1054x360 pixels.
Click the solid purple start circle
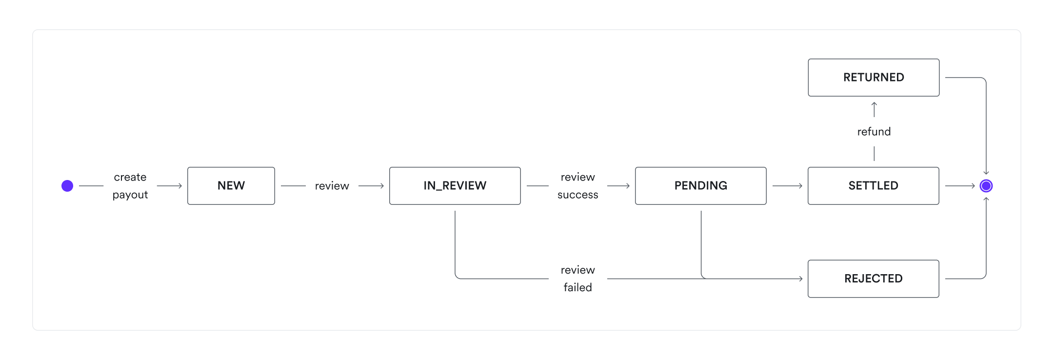[67, 186]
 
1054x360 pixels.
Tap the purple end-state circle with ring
[986, 186]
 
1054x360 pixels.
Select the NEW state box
[231, 186]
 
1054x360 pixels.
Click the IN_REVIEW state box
[455, 186]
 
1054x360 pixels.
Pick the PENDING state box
[700, 186]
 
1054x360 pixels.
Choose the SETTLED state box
[873, 186]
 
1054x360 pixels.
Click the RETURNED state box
[873, 78]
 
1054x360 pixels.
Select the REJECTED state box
[873, 279]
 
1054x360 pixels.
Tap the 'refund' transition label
[874, 132]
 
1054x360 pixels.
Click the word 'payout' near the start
[130, 195]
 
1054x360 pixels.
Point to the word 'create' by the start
[130, 177]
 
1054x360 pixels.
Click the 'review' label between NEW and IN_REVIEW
[332, 186]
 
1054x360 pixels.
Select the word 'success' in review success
[577, 195]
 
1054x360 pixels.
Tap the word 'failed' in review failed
[577, 287]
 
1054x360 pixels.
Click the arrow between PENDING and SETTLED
[787, 186]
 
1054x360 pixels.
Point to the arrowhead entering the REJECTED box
[800, 279]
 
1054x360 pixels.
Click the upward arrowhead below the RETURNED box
[874, 104]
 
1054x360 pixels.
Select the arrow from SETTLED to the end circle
[959, 186]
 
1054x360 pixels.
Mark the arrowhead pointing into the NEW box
[179, 186]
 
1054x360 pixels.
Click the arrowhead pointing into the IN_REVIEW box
[381, 186]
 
